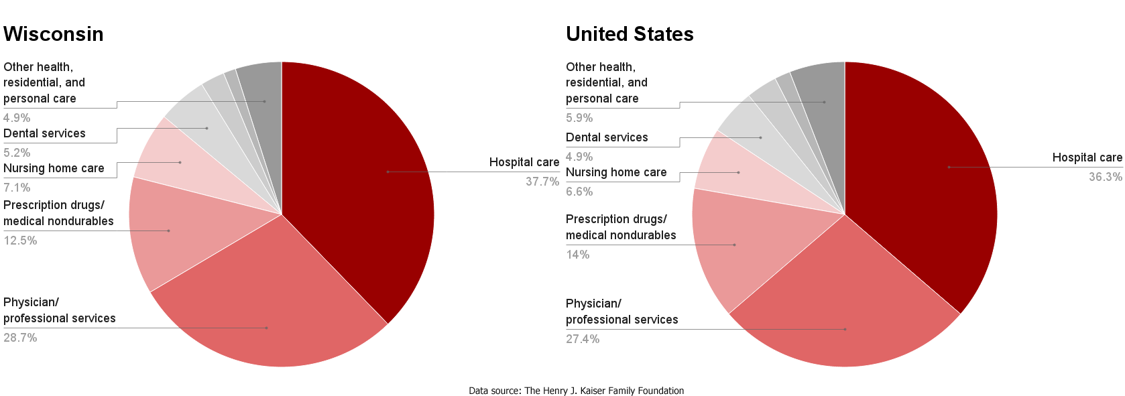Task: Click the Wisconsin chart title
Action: coord(54,34)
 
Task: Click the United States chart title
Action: coord(630,34)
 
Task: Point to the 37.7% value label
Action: coord(542,182)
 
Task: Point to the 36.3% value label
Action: coord(1105,177)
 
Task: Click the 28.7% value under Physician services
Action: coord(20,338)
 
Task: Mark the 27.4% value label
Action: coord(583,339)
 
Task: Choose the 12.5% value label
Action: coord(20,241)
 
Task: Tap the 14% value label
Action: coord(578,255)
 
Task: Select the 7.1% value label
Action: coord(17,188)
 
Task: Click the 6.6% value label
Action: coord(579,192)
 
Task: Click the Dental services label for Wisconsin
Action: coord(44,133)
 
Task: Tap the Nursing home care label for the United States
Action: coord(616,172)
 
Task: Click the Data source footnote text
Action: coord(576,391)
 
